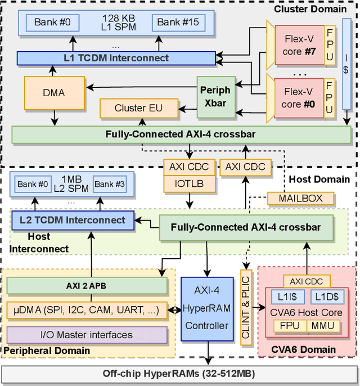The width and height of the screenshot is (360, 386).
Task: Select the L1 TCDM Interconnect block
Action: [x=116, y=58]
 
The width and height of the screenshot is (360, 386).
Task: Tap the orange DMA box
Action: [x=54, y=92]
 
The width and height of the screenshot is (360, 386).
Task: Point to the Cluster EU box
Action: [x=138, y=107]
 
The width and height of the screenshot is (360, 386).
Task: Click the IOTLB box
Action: [x=190, y=184]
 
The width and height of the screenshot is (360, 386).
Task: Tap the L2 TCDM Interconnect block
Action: [x=73, y=220]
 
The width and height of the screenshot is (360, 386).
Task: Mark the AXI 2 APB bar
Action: [x=87, y=286]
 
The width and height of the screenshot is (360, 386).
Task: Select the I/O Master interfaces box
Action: [x=87, y=335]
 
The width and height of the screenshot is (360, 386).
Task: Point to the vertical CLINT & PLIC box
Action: [x=245, y=308]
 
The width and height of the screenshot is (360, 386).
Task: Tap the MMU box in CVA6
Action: [x=322, y=326]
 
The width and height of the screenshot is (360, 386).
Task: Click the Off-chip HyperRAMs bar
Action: [x=179, y=374]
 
